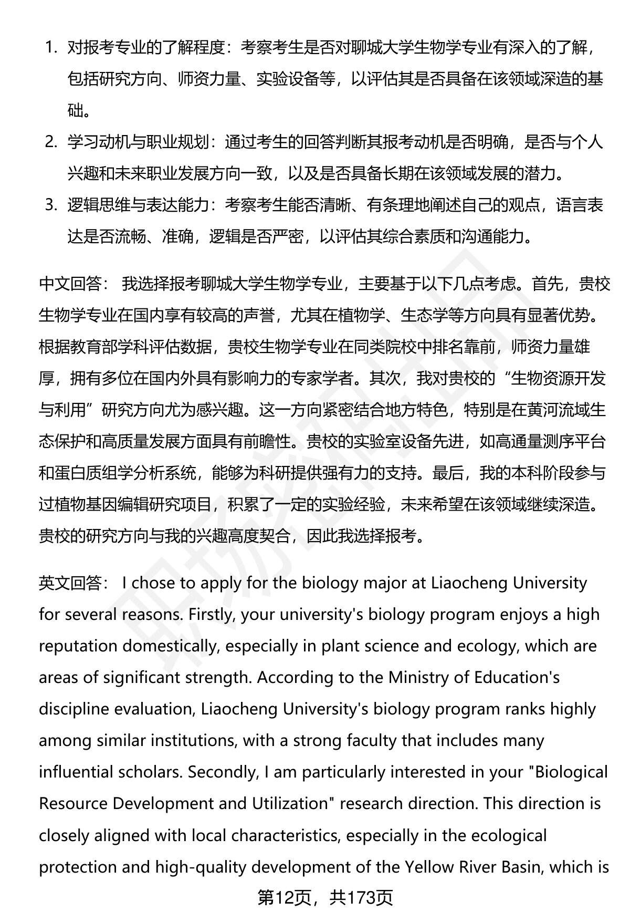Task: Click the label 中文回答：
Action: tap(73, 284)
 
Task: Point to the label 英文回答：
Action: tap(73, 583)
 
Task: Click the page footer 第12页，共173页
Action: tap(325, 898)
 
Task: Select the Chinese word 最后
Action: tap(448, 473)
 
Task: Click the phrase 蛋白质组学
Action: tap(94, 473)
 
